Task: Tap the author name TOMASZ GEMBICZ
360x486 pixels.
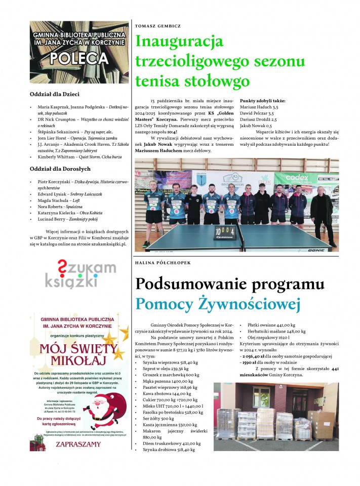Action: pos(158,25)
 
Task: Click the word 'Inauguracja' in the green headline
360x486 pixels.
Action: pos(180,42)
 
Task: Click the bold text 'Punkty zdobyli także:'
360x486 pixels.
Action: pos(262,101)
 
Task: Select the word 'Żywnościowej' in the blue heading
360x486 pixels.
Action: pos(250,304)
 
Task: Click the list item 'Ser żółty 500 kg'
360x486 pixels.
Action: pos(158,419)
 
